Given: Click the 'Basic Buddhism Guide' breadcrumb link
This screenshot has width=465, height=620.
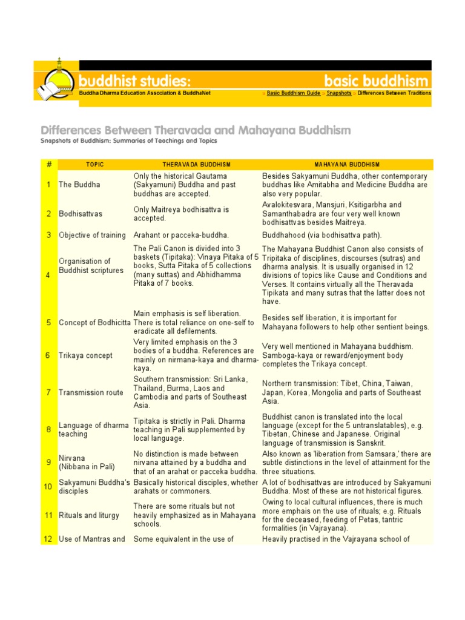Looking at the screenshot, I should coord(294,93).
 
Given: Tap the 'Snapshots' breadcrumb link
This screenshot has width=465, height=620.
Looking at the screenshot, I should coord(339,93).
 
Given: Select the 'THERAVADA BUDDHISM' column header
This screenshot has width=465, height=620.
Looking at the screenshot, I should coord(196,164).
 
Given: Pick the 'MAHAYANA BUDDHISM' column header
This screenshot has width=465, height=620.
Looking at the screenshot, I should coord(347,164).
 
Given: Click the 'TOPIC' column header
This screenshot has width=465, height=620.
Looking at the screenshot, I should coord(95,164).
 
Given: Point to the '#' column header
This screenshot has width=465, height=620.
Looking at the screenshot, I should coord(48,164).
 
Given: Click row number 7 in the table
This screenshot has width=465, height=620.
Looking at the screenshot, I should coord(48,392).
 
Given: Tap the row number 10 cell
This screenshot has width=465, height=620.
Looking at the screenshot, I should coord(48,486).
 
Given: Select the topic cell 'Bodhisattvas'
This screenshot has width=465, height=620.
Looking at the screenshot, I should coord(80,214).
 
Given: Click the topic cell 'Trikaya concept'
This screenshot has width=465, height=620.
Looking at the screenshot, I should coord(85,355).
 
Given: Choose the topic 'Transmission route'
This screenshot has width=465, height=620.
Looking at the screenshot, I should coord(91,392).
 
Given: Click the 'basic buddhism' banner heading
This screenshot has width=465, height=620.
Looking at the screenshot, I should coord(376,81).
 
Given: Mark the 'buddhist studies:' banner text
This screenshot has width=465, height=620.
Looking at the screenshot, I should coord(134,81).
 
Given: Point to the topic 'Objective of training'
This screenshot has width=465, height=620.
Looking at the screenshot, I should coord(92,235).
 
